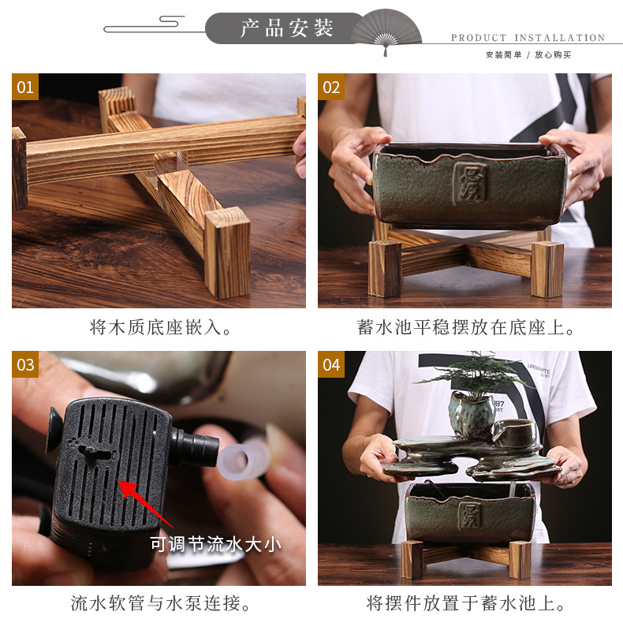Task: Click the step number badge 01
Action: tap(25, 87)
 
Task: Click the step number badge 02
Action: tap(331, 87)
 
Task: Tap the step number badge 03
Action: tap(25, 364)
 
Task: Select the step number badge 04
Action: tap(331, 364)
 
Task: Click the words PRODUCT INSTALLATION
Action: tap(528, 38)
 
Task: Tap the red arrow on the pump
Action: tap(145, 502)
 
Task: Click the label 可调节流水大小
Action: tap(215, 544)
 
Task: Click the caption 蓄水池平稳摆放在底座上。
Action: tap(464, 327)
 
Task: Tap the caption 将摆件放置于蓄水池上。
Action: tap(464, 604)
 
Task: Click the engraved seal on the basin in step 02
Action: tap(472, 184)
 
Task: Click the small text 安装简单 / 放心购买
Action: tap(528, 55)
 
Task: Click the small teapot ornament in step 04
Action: tap(514, 433)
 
